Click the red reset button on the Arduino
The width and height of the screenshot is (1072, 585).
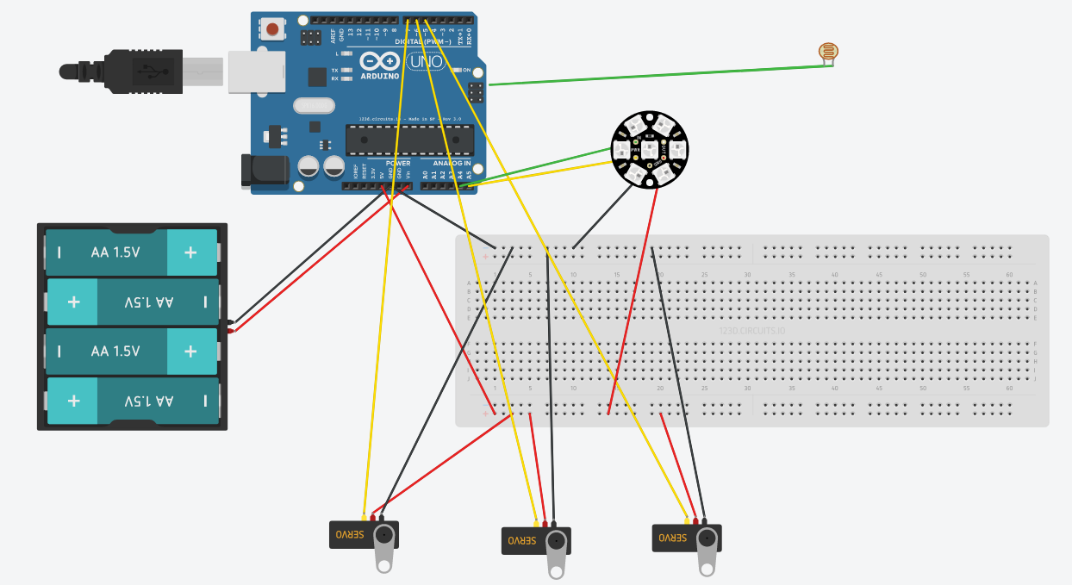coord(272,29)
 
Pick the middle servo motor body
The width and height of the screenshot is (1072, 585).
coord(526,541)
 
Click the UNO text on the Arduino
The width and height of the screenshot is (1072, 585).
coord(427,62)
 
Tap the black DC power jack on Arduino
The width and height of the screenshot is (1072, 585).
coord(264,170)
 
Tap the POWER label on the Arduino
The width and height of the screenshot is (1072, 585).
coord(398,163)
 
